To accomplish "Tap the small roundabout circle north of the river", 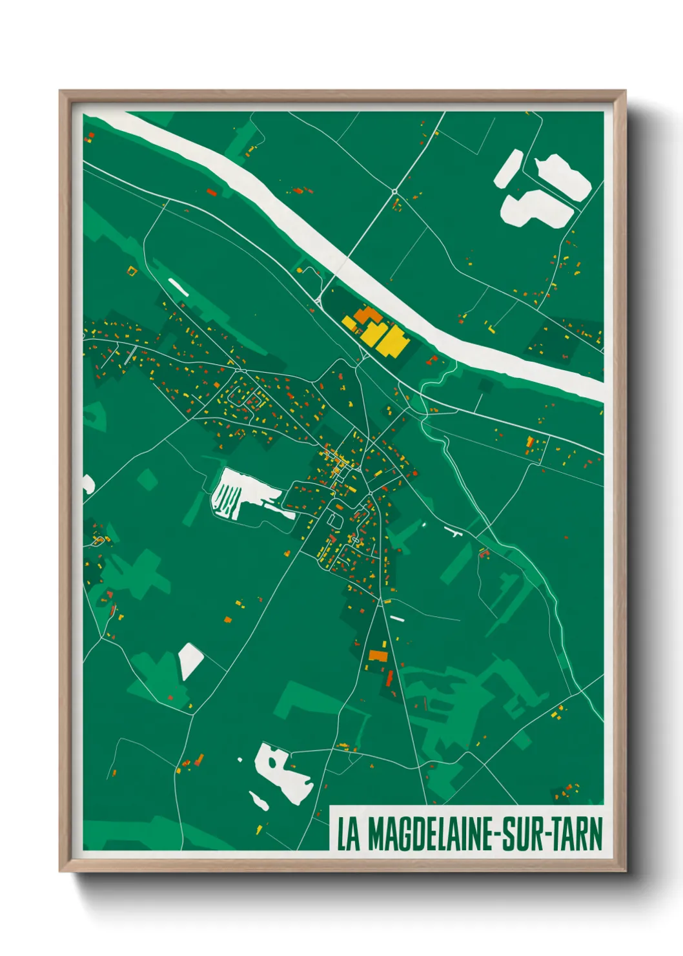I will pos(394,192).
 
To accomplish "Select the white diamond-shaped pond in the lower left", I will pos(190,660).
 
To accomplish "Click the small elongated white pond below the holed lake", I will pos(259,801).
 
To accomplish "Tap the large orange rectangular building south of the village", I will pos(378,656).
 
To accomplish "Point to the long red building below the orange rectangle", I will pos(389,678).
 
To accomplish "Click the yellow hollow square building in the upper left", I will pos(132,271).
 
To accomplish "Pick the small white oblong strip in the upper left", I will pos(178,287).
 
